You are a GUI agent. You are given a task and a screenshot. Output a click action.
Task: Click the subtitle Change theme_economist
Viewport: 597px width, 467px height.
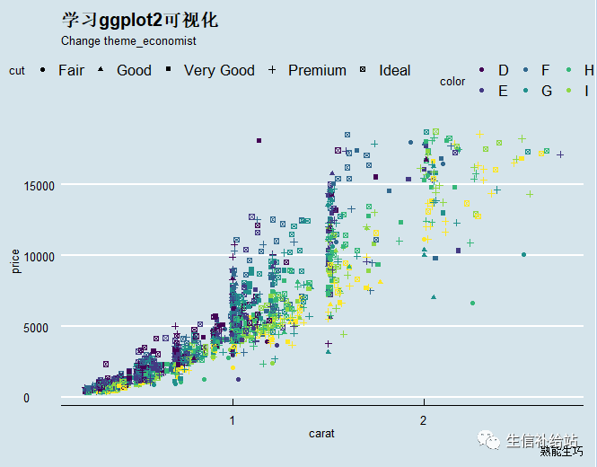pyautogui.click(x=128, y=41)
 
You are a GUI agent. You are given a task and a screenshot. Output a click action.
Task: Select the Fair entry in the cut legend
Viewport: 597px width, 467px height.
pyautogui.click(x=71, y=70)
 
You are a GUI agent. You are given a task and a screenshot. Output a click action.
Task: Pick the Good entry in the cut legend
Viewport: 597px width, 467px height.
pyautogui.click(x=134, y=70)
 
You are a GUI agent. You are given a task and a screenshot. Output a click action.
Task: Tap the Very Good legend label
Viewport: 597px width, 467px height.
pyautogui.click(x=219, y=70)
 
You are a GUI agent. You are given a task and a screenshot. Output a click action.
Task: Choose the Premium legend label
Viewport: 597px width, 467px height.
pyautogui.click(x=317, y=70)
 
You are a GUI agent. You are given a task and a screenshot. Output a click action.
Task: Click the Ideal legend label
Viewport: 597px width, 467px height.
pyautogui.click(x=394, y=70)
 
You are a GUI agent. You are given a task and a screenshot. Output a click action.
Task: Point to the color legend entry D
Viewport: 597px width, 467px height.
pyautogui.click(x=503, y=70)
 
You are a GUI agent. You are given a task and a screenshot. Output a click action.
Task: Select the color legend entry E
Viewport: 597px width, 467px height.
pyautogui.click(x=503, y=90)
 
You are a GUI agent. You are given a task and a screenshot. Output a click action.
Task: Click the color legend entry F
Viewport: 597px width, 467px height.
pyautogui.click(x=545, y=70)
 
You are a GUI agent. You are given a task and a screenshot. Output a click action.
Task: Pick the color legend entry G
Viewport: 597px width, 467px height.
pyautogui.click(x=546, y=90)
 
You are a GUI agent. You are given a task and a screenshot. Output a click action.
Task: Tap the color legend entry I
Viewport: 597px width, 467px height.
pyautogui.click(x=587, y=90)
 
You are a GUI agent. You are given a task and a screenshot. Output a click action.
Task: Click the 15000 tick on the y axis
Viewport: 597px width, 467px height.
pyautogui.click(x=39, y=186)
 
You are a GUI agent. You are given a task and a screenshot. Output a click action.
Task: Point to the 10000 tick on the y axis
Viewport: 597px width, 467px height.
pyautogui.click(x=39, y=257)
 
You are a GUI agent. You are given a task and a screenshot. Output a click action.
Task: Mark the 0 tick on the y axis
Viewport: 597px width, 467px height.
pyautogui.click(x=26, y=399)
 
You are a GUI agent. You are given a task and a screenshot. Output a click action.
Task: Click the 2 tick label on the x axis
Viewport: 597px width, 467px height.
pyautogui.click(x=423, y=420)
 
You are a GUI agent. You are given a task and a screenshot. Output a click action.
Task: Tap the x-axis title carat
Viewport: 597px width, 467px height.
pyautogui.click(x=321, y=434)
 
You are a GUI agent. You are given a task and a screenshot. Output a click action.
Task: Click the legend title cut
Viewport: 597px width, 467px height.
pyautogui.click(x=17, y=71)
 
